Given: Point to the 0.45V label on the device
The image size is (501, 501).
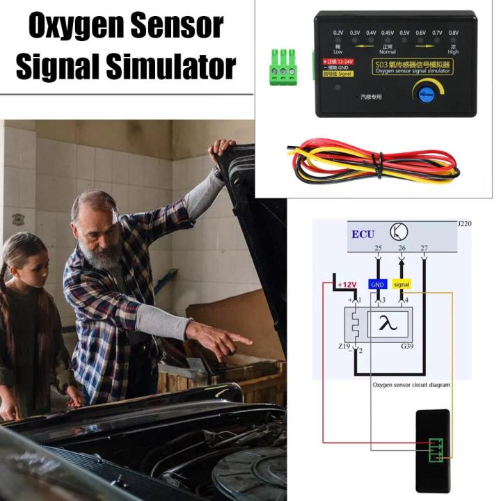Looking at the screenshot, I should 388,33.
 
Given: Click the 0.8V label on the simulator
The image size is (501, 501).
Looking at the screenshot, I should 453,33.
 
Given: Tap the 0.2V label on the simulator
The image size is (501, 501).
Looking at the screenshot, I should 338,33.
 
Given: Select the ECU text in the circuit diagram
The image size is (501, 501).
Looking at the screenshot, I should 363,234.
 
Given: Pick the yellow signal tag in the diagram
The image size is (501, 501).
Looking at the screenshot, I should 402,284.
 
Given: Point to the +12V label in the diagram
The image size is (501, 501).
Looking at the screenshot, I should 346,285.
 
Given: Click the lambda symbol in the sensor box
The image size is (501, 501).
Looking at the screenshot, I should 385,322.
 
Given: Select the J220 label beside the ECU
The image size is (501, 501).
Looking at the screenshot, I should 463,225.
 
